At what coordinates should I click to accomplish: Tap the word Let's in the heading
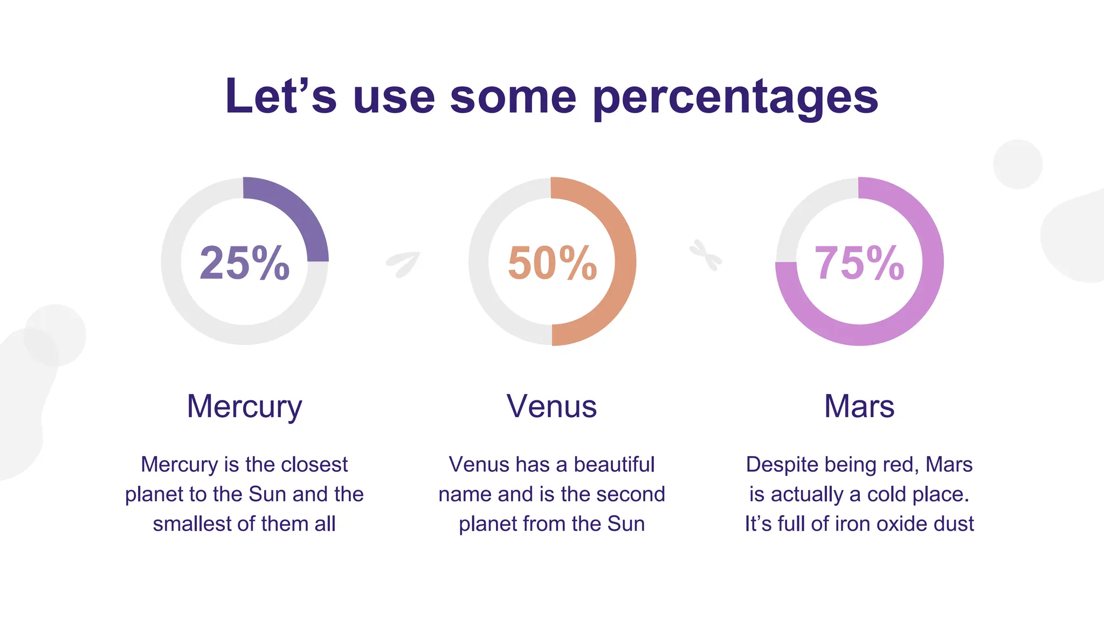tap(281, 95)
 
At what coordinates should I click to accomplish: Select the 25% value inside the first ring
tap(245, 263)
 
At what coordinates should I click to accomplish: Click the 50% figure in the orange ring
tap(553, 263)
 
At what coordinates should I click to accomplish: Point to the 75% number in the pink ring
tap(860, 263)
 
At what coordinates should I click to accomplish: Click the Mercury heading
tap(245, 406)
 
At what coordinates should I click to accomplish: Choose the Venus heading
tap(552, 406)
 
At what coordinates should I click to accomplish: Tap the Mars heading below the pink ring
tap(859, 406)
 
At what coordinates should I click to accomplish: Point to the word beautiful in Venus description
tap(614, 464)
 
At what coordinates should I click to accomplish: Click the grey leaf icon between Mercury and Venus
tap(403, 265)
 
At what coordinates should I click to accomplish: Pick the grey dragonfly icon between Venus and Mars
tap(706, 255)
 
